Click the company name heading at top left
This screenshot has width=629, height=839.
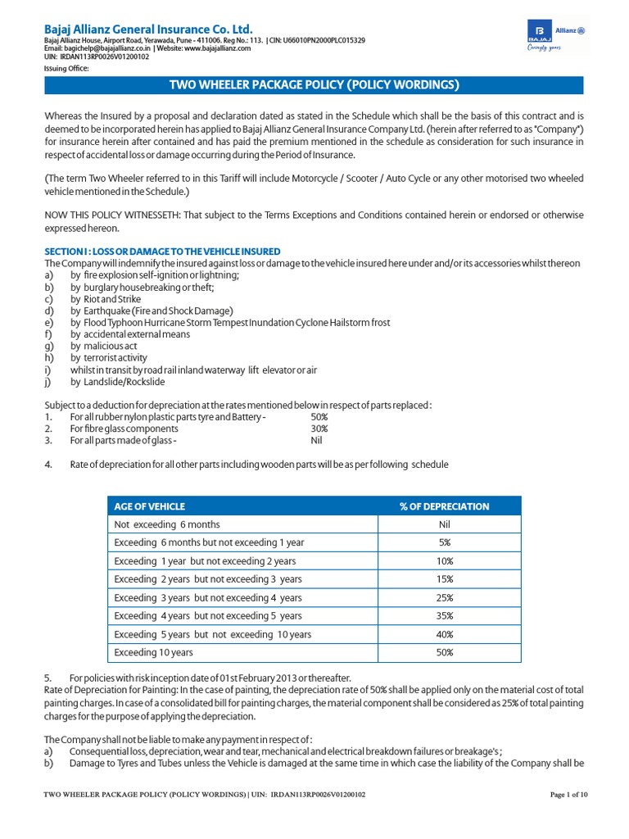[x=148, y=28]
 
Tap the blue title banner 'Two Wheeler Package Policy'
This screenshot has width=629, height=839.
[x=314, y=85]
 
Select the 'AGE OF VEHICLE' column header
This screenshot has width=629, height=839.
[x=150, y=506]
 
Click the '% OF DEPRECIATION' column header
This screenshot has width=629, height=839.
[x=444, y=506]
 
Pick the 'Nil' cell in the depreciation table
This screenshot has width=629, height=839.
[x=444, y=524]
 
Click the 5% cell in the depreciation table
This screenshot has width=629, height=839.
[x=444, y=542]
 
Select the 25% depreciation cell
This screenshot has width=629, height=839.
[x=444, y=598]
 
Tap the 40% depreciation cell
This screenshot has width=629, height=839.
[x=444, y=634]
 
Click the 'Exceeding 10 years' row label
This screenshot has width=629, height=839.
[x=154, y=653]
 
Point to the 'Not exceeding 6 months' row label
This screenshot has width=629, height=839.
[x=167, y=524]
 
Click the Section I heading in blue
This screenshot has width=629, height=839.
[x=162, y=251]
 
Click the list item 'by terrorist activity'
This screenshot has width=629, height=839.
[x=109, y=358]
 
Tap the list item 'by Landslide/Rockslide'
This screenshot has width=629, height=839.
[x=118, y=382]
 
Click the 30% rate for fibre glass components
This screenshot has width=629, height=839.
[x=319, y=429]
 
